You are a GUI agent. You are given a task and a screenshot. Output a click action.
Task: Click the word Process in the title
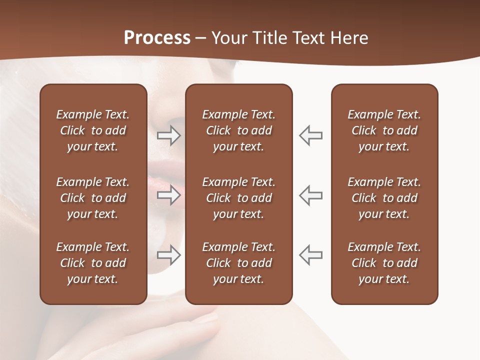tap(157, 37)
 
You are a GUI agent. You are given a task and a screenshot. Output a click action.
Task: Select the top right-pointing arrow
tap(169, 135)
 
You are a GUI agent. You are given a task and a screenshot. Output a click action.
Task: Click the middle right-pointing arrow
tap(169, 195)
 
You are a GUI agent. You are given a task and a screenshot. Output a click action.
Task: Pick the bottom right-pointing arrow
tap(169, 255)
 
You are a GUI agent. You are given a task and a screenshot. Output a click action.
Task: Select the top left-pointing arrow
tap(310, 135)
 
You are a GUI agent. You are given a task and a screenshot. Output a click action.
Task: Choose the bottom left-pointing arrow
tap(310, 255)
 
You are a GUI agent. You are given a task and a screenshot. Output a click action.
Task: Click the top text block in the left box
tap(93, 130)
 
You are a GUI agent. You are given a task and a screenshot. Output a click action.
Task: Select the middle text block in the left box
tap(93, 198)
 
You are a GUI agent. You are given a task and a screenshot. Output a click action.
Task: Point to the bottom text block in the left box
tap(93, 263)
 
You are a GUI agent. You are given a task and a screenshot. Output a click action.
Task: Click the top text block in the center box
tap(239, 130)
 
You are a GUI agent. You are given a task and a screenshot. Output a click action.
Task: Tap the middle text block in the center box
tap(239, 198)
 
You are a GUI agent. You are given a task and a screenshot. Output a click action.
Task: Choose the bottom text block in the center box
tap(239, 263)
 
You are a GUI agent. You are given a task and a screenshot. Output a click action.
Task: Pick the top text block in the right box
tap(384, 130)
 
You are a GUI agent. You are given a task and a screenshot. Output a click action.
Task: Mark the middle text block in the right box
tap(384, 198)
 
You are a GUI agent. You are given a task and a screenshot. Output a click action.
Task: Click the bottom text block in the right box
tap(384, 263)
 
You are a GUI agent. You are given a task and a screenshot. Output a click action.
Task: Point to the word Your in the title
tap(229, 38)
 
